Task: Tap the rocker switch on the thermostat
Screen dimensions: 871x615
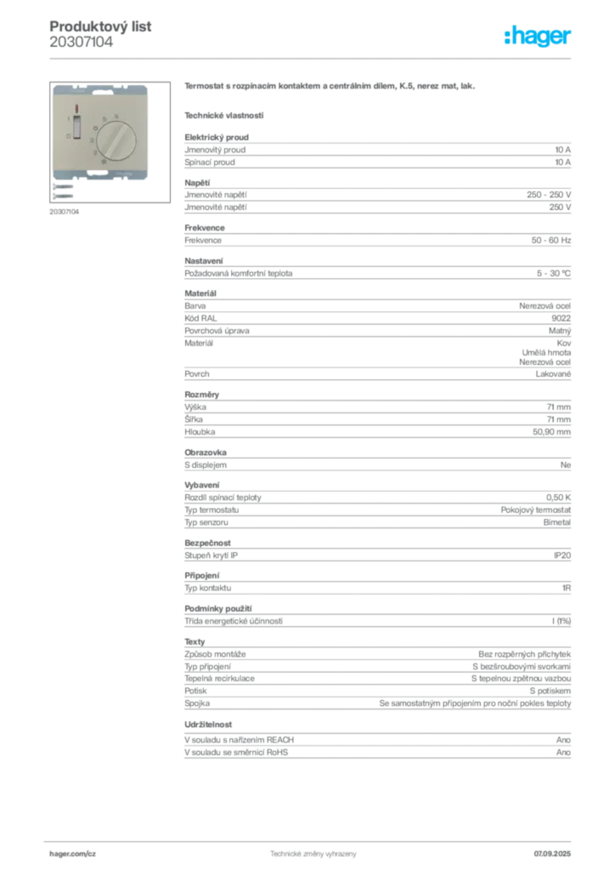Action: (x=76, y=127)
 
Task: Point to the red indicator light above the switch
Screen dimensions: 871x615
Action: (x=76, y=110)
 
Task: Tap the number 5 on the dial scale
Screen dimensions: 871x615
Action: (x=104, y=117)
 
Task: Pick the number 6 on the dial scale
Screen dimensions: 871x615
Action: (x=115, y=113)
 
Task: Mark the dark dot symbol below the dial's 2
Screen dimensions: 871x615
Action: (x=103, y=161)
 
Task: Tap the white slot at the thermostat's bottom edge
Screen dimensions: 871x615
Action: (x=103, y=179)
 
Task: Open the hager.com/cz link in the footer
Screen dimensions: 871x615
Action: (x=71, y=851)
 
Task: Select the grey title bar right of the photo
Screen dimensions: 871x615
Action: (x=332, y=88)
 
